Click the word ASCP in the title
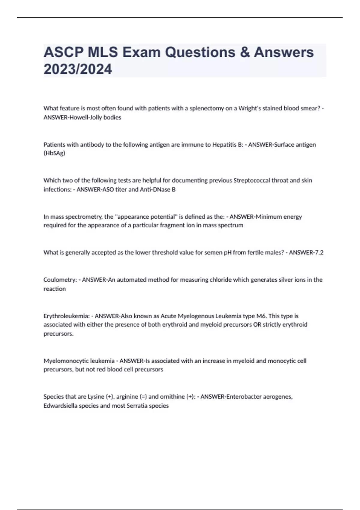click(64, 52)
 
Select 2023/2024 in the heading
click(78, 69)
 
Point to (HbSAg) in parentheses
click(54, 153)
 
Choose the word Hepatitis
click(224, 145)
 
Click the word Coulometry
click(60, 280)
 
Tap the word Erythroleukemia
click(66, 316)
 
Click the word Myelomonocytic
click(66, 361)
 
